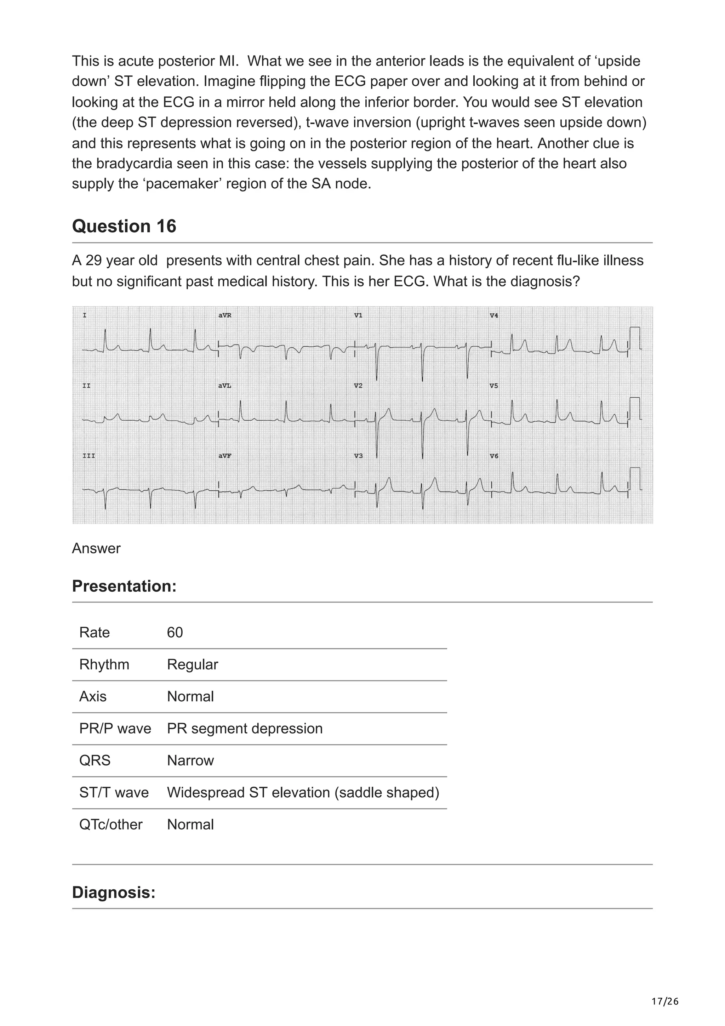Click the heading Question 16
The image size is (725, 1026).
pyautogui.click(x=124, y=227)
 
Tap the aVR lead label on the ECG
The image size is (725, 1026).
pyautogui.click(x=225, y=315)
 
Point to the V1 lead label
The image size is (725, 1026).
pyautogui.click(x=358, y=315)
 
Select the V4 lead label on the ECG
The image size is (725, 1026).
pyautogui.click(x=493, y=315)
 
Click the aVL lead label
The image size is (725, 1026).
pyautogui.click(x=225, y=386)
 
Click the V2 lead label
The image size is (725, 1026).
pyautogui.click(x=358, y=386)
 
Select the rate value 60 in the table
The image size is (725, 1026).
pyautogui.click(x=175, y=632)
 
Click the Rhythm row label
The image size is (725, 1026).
pyautogui.click(x=104, y=665)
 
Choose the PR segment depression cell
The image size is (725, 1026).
pyautogui.click(x=244, y=728)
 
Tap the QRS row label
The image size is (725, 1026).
pyautogui.click(x=95, y=760)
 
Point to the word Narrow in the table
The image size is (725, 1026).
pyautogui.click(x=190, y=760)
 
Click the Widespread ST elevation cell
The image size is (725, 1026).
pyautogui.click(x=303, y=792)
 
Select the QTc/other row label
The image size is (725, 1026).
pyautogui.click(x=111, y=825)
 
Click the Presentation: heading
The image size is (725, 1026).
pyautogui.click(x=124, y=586)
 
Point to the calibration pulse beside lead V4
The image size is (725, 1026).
pyautogui.click(x=634, y=338)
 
